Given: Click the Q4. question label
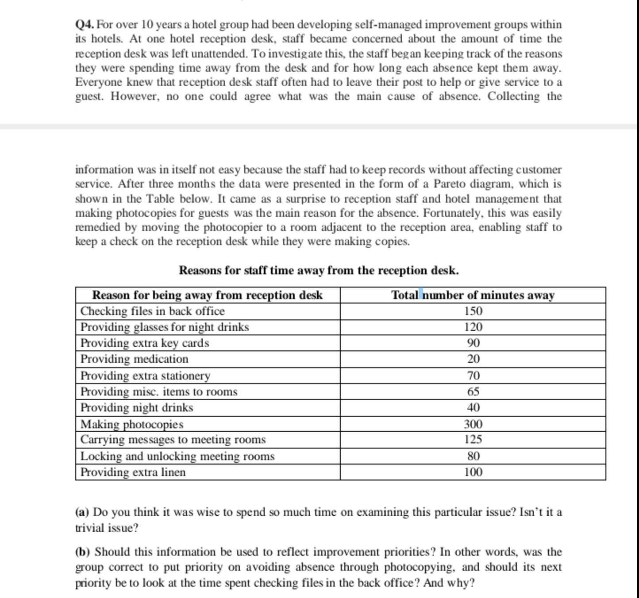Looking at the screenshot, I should (85, 25).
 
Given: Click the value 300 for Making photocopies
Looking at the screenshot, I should (473, 424).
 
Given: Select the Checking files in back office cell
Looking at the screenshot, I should (153, 311).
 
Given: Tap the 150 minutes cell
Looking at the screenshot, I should (473, 311).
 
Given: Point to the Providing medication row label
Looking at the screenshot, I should (135, 359).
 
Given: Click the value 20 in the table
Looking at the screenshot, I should (473, 359).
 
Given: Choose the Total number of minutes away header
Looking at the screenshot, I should (473, 295).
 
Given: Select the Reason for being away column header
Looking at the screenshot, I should (207, 295).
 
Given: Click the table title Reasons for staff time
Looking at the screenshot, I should (319, 270).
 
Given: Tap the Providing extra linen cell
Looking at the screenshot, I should (133, 472).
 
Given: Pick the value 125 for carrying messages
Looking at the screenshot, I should (473, 440).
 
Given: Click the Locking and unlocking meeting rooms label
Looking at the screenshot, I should (177, 456).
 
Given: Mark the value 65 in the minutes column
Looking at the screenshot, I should (473, 391).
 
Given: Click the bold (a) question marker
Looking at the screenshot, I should (82, 512).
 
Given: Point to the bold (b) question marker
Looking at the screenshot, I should (82, 552).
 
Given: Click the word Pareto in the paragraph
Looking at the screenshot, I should (449, 184).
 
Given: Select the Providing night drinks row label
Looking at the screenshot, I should (137, 407).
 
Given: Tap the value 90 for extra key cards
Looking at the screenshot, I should (473, 343).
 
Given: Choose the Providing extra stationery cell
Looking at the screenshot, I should (146, 376).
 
